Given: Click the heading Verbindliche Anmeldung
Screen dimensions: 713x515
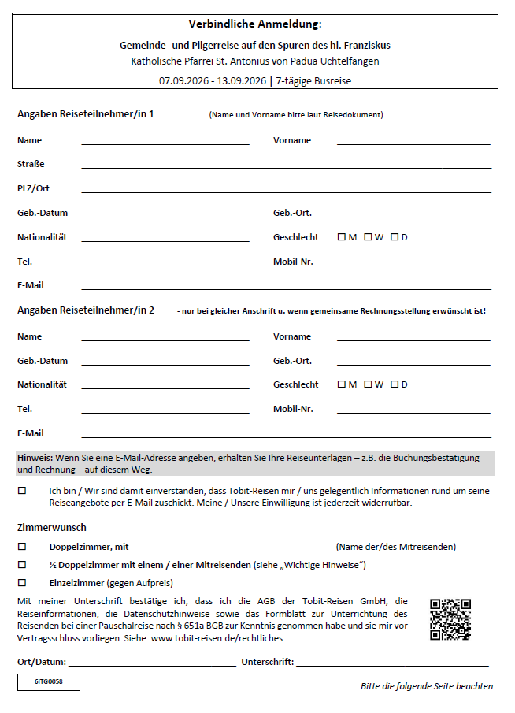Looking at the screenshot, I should pyautogui.click(x=255, y=24).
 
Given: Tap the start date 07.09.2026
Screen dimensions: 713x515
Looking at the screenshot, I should pyautogui.click(x=183, y=80).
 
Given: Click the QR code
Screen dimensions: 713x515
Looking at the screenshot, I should pyautogui.click(x=450, y=618).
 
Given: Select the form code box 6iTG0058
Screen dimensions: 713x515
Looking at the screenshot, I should pyautogui.click(x=49, y=682).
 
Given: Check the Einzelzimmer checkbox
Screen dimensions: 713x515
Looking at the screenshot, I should pyautogui.click(x=22, y=582).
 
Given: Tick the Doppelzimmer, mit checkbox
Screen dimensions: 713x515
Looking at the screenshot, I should pyautogui.click(x=22, y=546).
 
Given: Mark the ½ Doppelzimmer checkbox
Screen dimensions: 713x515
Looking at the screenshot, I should pyautogui.click(x=22, y=564).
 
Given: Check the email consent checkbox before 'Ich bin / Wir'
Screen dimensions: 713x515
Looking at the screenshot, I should pyautogui.click(x=22, y=490).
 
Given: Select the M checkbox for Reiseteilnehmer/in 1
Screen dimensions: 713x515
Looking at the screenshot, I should pyautogui.click(x=341, y=236).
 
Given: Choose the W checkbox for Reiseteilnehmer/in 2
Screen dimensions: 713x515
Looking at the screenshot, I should pyautogui.click(x=368, y=384).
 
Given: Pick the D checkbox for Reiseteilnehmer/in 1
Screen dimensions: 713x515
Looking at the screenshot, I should pyautogui.click(x=394, y=236).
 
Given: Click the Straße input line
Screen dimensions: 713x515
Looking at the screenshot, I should pyautogui.click(x=286, y=167).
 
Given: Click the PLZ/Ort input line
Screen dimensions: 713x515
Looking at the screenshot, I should pyautogui.click(x=286, y=191).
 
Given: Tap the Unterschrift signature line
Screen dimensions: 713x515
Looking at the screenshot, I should pyautogui.click(x=392, y=665).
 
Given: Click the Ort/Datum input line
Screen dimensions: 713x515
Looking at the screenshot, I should pyautogui.click(x=151, y=665).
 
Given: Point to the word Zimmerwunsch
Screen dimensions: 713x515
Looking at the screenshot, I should pyautogui.click(x=52, y=527).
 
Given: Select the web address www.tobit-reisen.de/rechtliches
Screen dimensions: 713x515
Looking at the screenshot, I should pyautogui.click(x=217, y=638).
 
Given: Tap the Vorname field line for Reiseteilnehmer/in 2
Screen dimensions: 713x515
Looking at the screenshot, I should pyautogui.click(x=413, y=340).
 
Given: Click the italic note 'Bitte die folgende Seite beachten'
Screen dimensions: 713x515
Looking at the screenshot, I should pyautogui.click(x=427, y=686).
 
